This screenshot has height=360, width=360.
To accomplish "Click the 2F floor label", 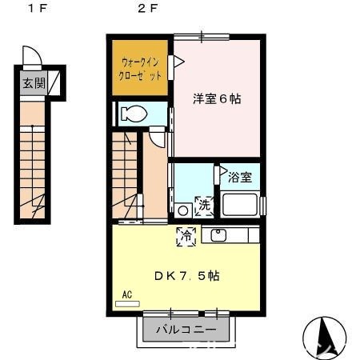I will click(146, 10).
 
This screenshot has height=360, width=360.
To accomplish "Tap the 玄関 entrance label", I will click(34, 82).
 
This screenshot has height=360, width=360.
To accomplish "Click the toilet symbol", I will click(134, 114).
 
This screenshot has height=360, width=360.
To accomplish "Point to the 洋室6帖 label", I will click(216, 100).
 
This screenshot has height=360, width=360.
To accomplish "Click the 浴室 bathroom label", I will click(241, 177).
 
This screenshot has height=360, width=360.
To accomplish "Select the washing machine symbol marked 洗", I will click(204, 205).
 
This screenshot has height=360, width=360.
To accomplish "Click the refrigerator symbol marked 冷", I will click(185, 236).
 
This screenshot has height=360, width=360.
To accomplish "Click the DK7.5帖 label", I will click(187, 275).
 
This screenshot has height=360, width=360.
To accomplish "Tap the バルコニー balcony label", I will click(186, 329).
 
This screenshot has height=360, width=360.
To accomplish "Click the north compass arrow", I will click(324, 334).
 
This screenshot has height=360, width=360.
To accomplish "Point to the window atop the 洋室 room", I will click(201, 36).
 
